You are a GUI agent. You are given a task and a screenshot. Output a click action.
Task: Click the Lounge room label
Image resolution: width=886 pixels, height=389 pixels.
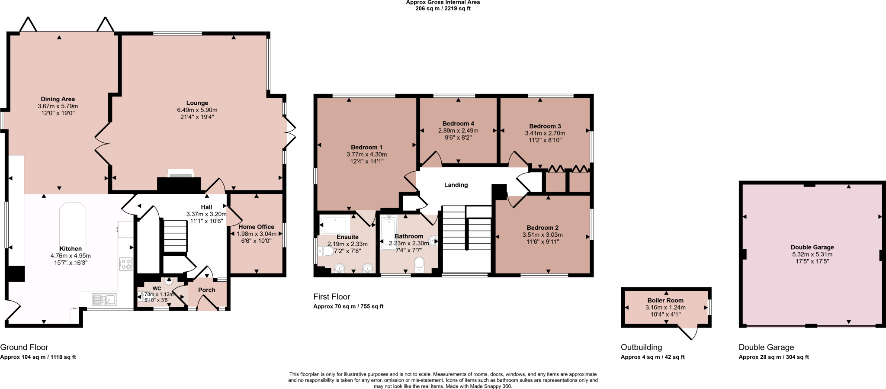pyautogui.click(x=197, y=103)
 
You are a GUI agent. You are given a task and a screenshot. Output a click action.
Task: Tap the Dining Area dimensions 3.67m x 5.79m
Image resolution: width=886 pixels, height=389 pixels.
pyautogui.click(x=58, y=106)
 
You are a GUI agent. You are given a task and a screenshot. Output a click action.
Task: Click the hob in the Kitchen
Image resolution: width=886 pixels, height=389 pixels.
pyautogui.click(x=125, y=264)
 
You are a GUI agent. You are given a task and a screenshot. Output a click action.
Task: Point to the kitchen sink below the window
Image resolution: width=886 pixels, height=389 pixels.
pyautogui.click(x=104, y=299)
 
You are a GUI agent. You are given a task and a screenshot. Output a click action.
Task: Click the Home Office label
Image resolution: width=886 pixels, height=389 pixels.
pyautogui.click(x=256, y=227)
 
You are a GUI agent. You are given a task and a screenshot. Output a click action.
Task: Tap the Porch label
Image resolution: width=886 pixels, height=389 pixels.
pyautogui.click(x=207, y=290)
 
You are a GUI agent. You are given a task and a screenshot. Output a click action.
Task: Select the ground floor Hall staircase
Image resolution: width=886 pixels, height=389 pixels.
pyautogui.click(x=175, y=236)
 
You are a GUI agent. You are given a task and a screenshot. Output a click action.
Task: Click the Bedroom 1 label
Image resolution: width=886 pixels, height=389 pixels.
pyautogui.click(x=366, y=147)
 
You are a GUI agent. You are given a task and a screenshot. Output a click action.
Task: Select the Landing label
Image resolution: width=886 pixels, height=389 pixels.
pyautogui.click(x=456, y=185)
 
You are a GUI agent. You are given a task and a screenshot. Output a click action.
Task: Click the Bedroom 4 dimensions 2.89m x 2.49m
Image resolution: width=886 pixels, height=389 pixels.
pyautogui.click(x=458, y=131)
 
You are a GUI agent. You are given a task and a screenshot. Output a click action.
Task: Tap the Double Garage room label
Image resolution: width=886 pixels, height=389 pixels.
pyautogui.click(x=812, y=248)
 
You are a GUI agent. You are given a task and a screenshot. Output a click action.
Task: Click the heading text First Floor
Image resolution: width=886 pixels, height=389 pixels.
pyautogui.click(x=331, y=297)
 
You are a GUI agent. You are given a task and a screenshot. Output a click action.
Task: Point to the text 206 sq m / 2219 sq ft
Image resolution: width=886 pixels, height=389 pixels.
pyautogui.click(x=443, y=9)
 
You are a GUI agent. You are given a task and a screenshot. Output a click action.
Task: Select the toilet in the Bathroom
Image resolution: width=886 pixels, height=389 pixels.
pyautogui.click(x=419, y=264)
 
